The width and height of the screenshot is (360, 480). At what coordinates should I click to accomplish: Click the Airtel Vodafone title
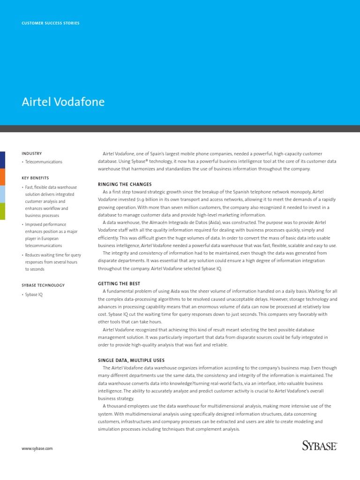tap(63, 102)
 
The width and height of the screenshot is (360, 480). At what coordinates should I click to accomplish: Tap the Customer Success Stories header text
tap(51, 23)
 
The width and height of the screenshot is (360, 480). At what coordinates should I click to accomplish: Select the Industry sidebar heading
tap(32, 153)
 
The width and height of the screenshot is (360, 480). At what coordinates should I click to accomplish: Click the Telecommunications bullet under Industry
tap(44, 162)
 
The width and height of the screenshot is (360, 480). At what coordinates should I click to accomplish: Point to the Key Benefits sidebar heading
tap(35, 178)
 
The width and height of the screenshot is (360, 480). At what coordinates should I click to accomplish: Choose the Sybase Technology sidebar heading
tap(43, 285)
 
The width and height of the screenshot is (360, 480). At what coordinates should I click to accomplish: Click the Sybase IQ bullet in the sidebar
tap(34, 294)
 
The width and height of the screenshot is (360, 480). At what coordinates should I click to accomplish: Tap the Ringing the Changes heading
tap(125, 184)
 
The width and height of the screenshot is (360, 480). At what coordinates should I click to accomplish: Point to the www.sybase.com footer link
tap(37, 449)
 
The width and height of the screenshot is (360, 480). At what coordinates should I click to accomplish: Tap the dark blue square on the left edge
tap(2, 160)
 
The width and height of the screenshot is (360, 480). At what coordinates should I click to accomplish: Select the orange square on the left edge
tap(2, 177)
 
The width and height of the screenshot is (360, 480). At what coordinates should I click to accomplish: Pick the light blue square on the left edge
tap(2, 194)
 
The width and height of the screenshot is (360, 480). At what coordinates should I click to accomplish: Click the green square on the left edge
tap(2, 211)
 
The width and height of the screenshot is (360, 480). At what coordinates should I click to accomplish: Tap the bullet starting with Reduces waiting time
tap(52, 262)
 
